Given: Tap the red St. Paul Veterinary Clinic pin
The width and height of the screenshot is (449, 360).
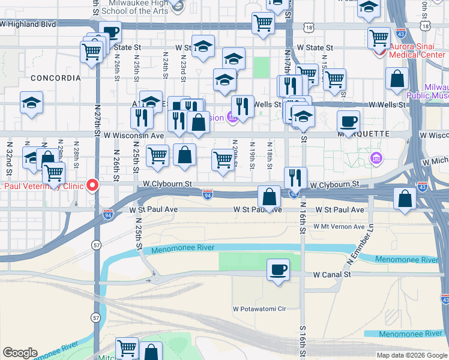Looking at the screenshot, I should (92, 185).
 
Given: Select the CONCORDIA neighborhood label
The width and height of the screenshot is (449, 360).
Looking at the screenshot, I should (55, 78).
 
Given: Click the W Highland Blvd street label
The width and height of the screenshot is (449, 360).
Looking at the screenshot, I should (28, 25).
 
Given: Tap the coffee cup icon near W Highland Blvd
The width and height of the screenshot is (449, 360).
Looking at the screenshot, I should (110, 32).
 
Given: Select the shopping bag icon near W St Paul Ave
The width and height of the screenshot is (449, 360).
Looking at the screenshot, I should (270, 196).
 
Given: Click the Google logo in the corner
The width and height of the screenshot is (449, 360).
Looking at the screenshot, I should (20, 353).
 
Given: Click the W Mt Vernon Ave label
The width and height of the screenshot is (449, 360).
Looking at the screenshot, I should (339, 227).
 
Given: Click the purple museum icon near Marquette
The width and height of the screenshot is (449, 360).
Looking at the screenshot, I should (376, 158).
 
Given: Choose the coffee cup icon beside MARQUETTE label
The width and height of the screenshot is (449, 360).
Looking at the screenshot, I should (348, 121).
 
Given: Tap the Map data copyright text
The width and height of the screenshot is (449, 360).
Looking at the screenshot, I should (411, 355).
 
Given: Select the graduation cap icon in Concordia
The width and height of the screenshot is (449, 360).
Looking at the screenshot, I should (31, 103).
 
